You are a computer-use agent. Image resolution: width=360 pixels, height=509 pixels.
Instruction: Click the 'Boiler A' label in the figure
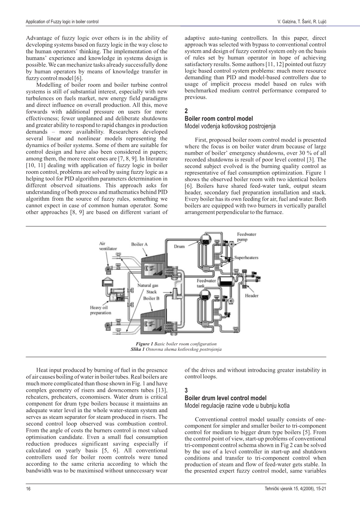coord(139,244)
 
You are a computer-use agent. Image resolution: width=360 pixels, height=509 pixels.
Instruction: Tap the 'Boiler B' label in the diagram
coord(151,298)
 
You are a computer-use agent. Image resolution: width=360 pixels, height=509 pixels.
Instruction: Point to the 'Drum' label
coord(179,246)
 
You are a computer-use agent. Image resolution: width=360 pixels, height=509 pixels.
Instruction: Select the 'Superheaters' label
coord(246,258)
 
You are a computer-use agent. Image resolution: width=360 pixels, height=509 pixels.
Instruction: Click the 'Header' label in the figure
coord(251,296)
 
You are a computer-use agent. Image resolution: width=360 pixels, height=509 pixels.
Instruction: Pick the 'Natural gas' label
coord(148,285)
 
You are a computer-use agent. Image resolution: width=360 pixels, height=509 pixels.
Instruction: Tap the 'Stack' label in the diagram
coord(151,292)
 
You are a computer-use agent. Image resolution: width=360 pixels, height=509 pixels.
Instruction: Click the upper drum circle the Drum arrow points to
coord(205,238)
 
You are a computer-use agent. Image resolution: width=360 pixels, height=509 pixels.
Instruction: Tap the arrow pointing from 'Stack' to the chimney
coord(167,292)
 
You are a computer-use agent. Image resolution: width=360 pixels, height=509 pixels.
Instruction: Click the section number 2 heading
coord(186,111)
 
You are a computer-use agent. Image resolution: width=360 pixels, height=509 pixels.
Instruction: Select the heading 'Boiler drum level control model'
coord(226,398)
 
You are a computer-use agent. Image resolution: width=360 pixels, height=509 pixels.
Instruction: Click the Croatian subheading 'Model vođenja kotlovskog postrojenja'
coord(230,126)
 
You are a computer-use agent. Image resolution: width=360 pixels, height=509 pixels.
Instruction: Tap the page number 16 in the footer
coord(28,488)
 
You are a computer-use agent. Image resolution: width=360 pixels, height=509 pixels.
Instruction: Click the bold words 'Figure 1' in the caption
coord(144,344)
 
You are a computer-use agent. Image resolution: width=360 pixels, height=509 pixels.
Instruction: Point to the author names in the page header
coord(302,22)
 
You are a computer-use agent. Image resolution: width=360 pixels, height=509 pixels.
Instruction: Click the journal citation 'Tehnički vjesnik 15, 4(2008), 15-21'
coord(295,488)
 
